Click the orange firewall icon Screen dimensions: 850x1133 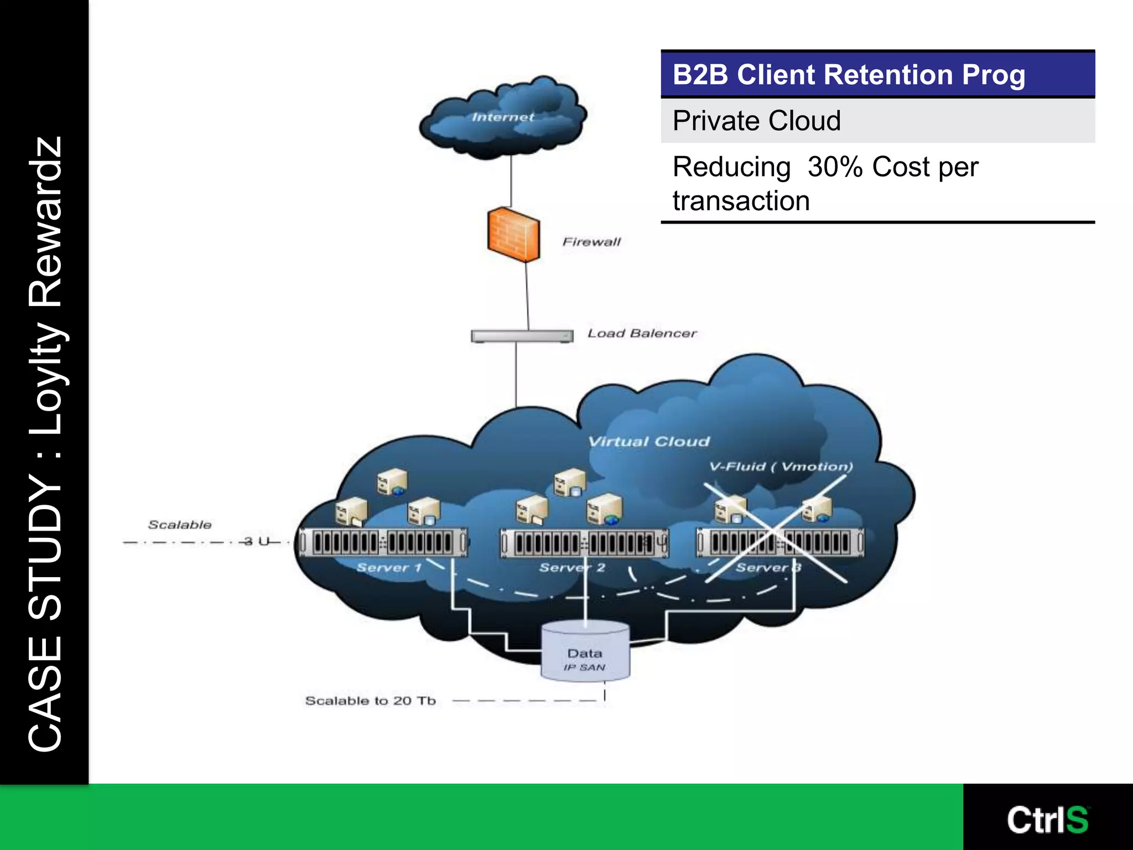(513, 235)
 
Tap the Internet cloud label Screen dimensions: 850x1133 (502, 117)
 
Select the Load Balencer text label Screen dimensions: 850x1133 (642, 333)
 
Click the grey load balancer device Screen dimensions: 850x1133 (522, 336)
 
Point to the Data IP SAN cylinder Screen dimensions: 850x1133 (585, 652)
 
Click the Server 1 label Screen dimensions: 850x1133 (389, 568)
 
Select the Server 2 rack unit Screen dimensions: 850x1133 (584, 543)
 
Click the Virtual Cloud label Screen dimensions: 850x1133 (648, 442)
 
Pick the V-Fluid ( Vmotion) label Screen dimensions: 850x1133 (781, 467)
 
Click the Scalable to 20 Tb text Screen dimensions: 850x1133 (370, 701)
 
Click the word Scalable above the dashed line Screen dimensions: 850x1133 (180, 525)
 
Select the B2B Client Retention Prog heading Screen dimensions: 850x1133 (849, 75)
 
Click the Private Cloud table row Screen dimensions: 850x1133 (877, 121)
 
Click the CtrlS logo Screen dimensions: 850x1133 (1047, 820)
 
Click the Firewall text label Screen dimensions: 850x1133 (591, 242)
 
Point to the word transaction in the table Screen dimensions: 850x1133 (741, 201)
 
